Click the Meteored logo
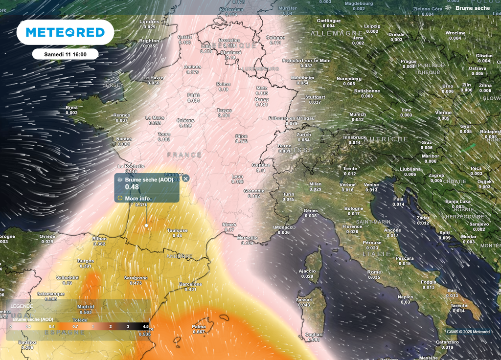click(65, 32)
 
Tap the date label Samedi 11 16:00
click(65, 54)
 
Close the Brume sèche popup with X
click(185, 179)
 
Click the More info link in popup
click(137, 199)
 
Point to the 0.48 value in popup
click(132, 187)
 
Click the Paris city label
click(194, 95)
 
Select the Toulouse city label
click(177, 230)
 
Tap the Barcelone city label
click(191, 284)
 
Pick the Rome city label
click(374, 272)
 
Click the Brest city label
click(71, 108)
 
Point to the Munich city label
click(358, 114)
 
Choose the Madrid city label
click(85, 307)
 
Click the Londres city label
click(149, 22)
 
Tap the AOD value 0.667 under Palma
click(199, 332)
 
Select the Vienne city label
click(443, 112)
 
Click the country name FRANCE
click(184, 155)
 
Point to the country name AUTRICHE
click(386, 139)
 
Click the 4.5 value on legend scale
click(145, 326)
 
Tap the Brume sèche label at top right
click(472, 8)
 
